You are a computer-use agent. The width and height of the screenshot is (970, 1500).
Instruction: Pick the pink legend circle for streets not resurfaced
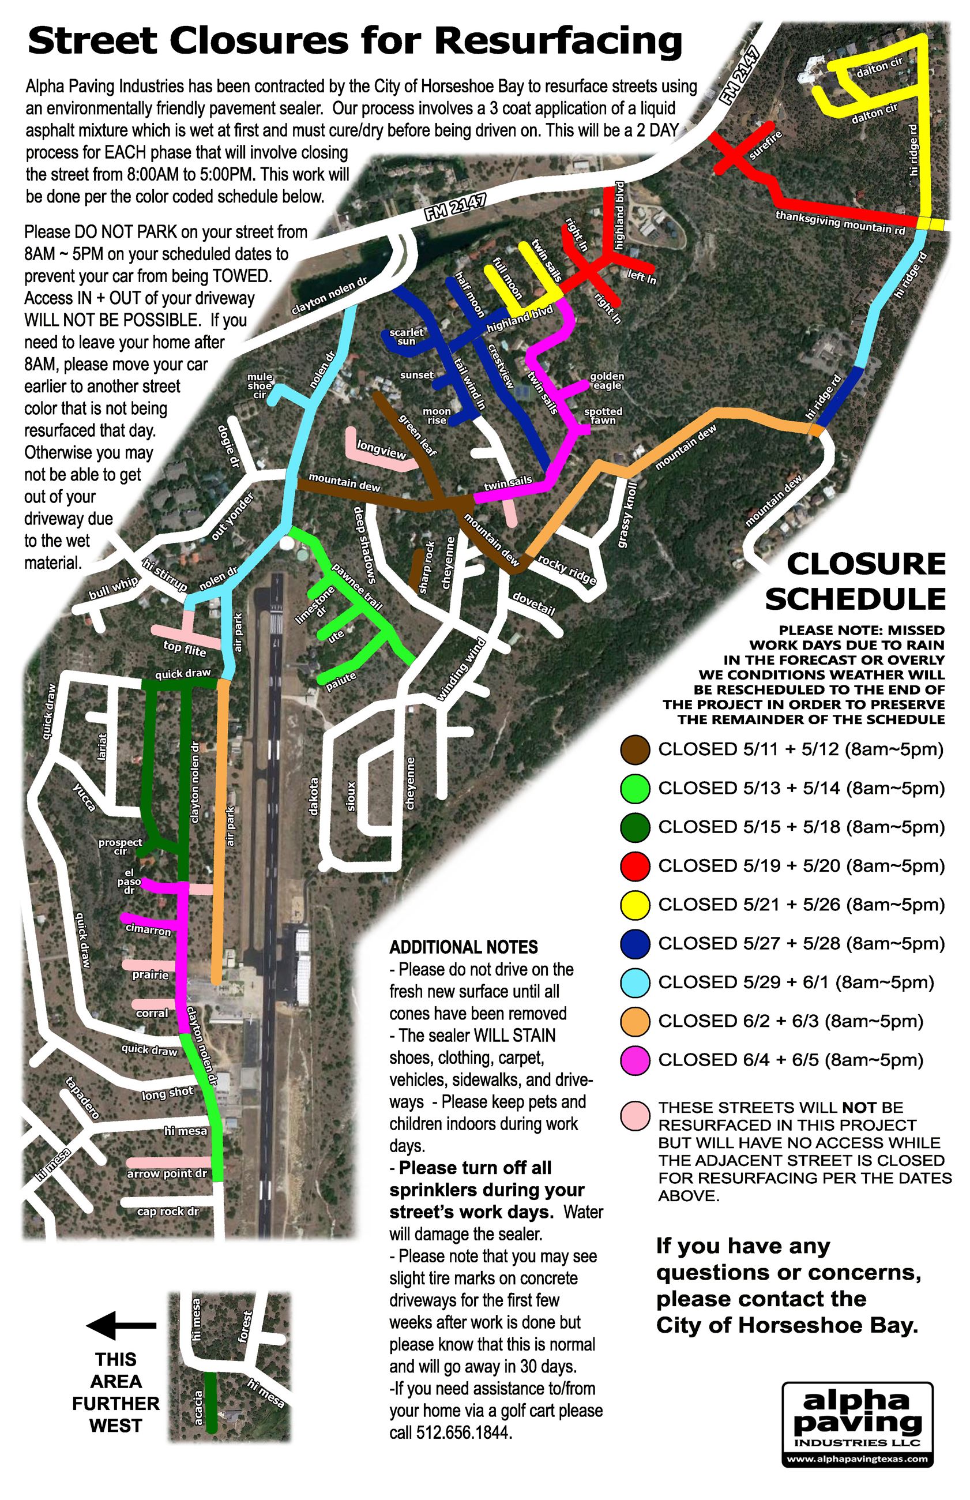(635, 1116)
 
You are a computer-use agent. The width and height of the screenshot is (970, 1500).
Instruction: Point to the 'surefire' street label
(765, 144)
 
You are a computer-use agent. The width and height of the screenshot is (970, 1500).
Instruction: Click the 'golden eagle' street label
(607, 381)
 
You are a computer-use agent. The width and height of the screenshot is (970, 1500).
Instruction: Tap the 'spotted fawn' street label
(603, 416)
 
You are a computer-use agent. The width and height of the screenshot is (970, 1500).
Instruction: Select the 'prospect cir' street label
(121, 846)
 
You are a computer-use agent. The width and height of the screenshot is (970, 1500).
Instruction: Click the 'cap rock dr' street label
(168, 1211)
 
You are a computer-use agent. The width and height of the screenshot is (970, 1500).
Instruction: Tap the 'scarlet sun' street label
(406, 336)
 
